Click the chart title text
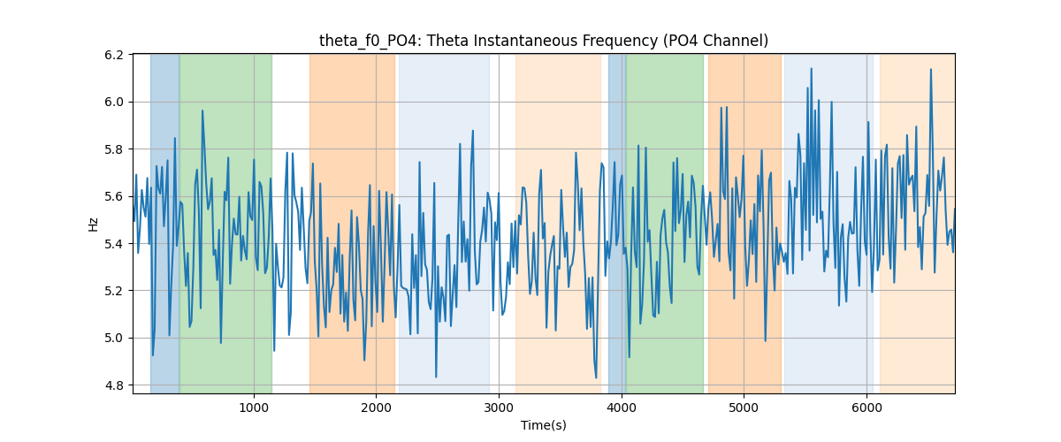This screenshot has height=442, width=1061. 544,41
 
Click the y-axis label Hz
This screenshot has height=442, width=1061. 94,224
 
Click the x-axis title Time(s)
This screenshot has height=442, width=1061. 544,425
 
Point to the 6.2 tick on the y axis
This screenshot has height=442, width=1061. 114,55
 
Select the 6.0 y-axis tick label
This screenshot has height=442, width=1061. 114,103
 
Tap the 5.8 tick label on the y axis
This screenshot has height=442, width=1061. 114,149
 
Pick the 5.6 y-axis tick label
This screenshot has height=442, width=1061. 114,196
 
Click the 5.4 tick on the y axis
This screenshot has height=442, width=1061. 114,244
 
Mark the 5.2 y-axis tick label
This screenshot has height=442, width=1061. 114,291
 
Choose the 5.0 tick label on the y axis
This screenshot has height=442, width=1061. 114,339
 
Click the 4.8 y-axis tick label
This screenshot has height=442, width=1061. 114,385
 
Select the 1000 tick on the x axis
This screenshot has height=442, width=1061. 254,408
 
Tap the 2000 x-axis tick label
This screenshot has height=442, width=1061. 376,408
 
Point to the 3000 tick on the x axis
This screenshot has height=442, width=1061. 499,408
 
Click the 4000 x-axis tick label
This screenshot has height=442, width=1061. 622,408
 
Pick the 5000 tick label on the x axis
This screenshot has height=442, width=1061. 744,408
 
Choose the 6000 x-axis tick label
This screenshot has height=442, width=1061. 866,408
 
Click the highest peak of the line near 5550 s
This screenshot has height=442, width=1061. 811,69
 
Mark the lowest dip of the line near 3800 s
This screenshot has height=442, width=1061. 596,377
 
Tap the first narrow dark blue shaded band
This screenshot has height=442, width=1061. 164,224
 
